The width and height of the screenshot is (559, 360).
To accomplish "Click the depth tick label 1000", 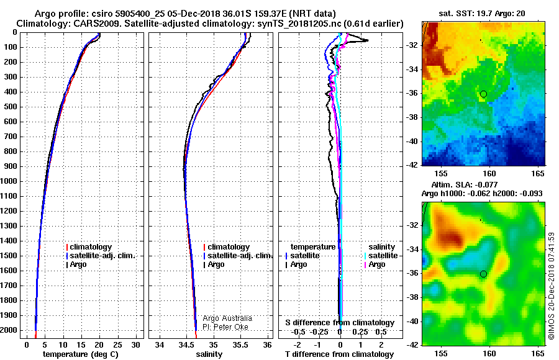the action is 9,181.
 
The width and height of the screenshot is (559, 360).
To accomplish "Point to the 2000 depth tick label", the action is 9,330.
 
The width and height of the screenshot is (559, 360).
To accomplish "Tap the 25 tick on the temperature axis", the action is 117,344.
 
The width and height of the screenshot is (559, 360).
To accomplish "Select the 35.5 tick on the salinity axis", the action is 240,344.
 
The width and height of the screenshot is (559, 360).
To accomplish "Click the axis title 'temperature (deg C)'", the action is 81,354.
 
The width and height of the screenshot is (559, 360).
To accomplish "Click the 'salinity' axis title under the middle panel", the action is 209,354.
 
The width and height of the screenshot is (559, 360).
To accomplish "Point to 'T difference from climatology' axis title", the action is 339,354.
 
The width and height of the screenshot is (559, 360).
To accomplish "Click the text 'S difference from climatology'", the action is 340,323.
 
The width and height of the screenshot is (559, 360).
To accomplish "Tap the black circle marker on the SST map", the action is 483,94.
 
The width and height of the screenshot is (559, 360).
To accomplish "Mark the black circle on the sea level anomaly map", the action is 483,274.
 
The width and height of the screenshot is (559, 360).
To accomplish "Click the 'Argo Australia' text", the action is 227,318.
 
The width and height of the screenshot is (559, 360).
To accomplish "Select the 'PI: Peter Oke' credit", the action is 225,327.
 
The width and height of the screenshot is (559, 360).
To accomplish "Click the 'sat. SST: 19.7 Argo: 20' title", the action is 482,14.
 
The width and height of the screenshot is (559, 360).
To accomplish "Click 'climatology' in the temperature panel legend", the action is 91,247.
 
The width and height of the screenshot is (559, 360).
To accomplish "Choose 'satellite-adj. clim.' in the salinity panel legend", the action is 240,256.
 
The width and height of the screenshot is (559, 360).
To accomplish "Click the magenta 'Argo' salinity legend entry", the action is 377,264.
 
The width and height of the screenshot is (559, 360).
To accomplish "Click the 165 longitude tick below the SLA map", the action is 538,354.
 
